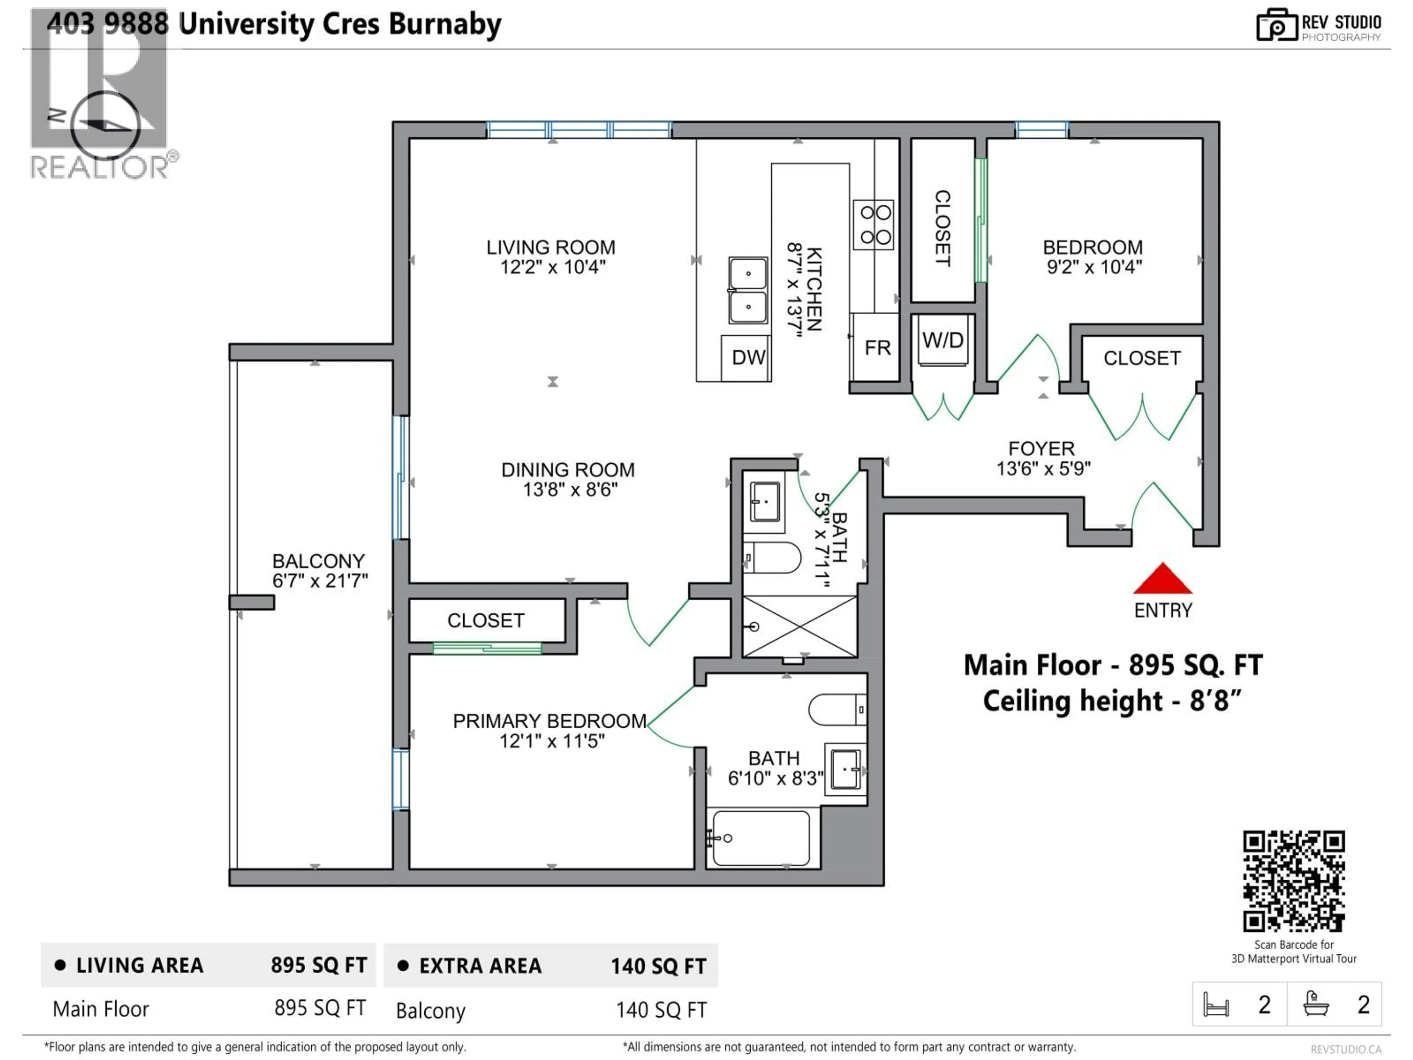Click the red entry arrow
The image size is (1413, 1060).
[1162, 580]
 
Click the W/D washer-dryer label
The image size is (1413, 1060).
[943, 340]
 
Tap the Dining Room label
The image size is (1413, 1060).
[568, 470]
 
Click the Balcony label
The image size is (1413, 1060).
[318, 562]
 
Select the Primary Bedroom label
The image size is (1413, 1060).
[549, 721]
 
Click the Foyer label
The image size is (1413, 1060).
[1041, 449]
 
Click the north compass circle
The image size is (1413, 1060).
[105, 125]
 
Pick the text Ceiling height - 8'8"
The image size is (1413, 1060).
[1112, 701]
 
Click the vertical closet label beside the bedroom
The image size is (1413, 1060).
[943, 228]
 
